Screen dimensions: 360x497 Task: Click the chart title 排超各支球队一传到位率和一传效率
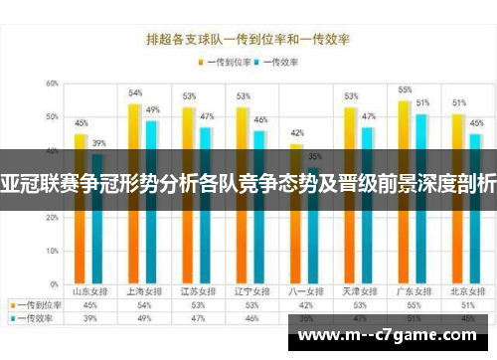pos(249,41)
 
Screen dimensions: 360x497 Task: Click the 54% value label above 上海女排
pos(135,92)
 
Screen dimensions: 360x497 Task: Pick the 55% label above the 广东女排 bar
pos(405,90)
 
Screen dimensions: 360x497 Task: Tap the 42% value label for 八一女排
pos(296,132)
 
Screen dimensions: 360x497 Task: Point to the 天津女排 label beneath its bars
pos(359,291)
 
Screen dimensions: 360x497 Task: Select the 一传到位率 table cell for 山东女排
pos(89,305)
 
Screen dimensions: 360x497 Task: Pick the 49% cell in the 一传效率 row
pos(143,319)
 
